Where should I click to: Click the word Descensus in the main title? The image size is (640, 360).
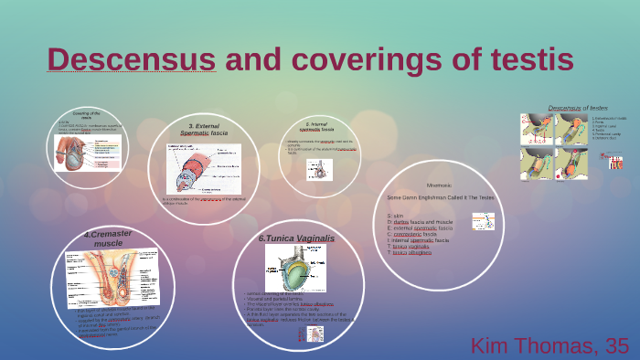(x=132, y=59)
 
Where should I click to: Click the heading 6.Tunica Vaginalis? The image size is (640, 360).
(x=296, y=238)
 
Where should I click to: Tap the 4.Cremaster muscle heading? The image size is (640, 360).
(x=108, y=239)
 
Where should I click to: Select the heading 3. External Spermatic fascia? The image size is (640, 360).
(x=205, y=130)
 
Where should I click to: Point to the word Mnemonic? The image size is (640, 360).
(x=426, y=185)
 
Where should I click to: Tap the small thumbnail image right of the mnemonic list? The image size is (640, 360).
(x=483, y=221)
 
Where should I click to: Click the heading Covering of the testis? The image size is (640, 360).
(x=86, y=115)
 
